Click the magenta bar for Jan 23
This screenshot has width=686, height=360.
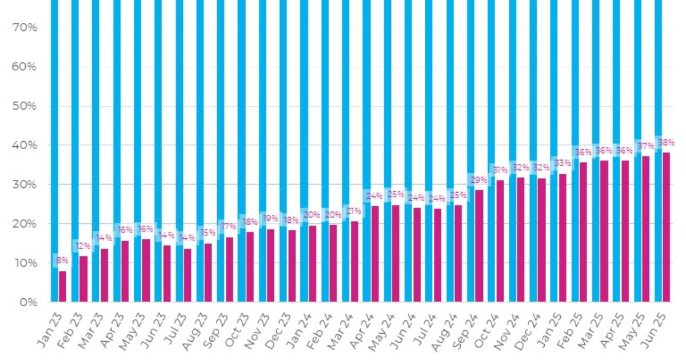(62, 286)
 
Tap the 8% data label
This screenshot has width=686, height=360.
(61, 261)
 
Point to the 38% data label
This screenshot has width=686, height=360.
(667, 142)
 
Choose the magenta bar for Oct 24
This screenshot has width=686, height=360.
(500, 241)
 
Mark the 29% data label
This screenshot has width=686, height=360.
(478, 180)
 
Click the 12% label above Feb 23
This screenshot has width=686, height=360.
(82, 246)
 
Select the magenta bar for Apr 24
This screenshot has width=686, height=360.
(374, 254)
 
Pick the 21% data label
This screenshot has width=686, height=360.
(354, 211)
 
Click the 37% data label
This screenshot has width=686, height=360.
(645, 146)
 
